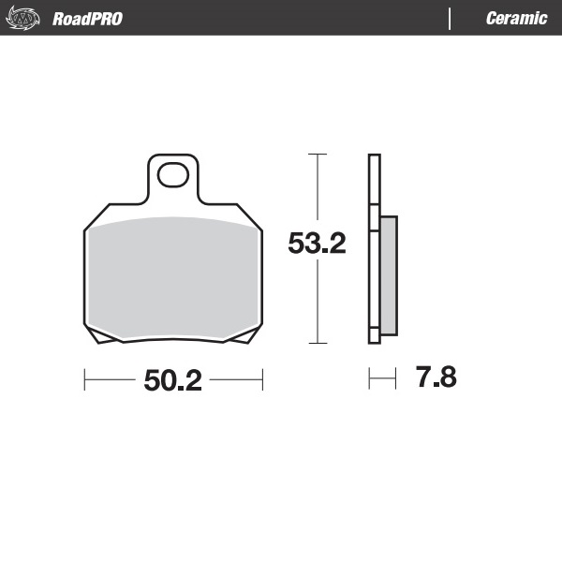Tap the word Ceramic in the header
pyautogui.click(x=516, y=19)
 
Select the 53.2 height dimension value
pyautogui.click(x=318, y=244)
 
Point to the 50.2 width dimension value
pyautogui.click(x=173, y=380)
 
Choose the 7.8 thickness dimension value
pyautogui.click(x=436, y=379)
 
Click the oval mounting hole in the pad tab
pyautogui.click(x=172, y=174)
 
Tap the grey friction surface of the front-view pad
pyautogui.click(x=173, y=276)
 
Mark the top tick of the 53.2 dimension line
pyautogui.click(x=318, y=154)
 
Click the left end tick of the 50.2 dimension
pyautogui.click(x=85, y=380)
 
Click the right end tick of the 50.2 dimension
pyautogui.click(x=261, y=380)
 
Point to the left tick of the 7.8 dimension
pyautogui.click(x=370, y=379)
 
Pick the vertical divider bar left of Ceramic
pyautogui.click(x=451, y=19)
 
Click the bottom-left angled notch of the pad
pyautogui.click(x=103, y=338)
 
